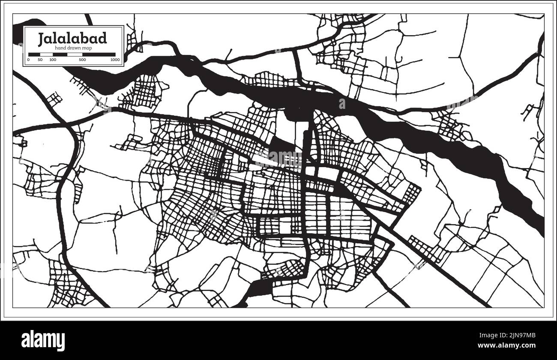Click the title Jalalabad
[x=72, y=38]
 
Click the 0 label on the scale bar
[x=28, y=60]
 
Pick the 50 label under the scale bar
[x=40, y=60]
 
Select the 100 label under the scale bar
[x=52, y=60]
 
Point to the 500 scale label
[x=82, y=60]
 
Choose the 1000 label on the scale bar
[x=114, y=60]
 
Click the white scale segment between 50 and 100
[x=46, y=54]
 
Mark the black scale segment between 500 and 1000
[x=99, y=54]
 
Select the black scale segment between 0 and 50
[x=34, y=54]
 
